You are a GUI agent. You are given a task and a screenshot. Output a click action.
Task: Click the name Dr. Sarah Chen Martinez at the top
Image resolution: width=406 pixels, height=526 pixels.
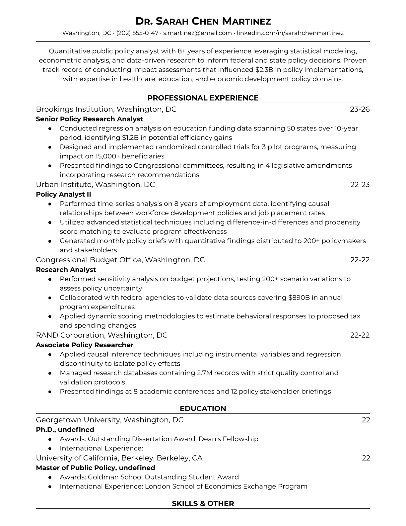(x=203, y=22)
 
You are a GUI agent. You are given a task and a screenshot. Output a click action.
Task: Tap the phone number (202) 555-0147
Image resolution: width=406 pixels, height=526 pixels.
(x=137, y=33)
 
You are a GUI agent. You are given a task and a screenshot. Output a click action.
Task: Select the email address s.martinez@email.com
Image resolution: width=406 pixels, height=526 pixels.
(x=197, y=33)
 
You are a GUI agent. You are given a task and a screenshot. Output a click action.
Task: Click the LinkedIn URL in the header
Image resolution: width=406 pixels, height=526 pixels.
(x=290, y=33)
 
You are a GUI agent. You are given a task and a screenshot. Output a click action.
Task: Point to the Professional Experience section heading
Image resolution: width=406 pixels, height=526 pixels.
(x=203, y=98)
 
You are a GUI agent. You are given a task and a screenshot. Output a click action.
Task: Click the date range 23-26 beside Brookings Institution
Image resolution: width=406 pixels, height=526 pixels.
(x=360, y=109)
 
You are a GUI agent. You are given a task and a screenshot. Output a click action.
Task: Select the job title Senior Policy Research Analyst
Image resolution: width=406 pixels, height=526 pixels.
(x=89, y=119)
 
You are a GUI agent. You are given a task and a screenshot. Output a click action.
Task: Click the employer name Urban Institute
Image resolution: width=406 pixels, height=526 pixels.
(x=63, y=184)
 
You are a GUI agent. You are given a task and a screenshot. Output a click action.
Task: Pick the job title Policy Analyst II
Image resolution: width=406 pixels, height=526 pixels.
(x=63, y=194)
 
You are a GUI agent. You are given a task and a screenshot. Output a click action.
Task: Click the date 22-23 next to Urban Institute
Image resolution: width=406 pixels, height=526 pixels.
(x=360, y=184)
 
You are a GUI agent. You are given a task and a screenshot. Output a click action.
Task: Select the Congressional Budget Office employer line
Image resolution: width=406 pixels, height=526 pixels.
(x=120, y=260)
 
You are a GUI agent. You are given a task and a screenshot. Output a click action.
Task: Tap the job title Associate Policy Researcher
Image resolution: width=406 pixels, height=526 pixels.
(x=85, y=345)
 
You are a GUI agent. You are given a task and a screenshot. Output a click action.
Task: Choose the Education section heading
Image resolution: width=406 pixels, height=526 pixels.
(x=203, y=408)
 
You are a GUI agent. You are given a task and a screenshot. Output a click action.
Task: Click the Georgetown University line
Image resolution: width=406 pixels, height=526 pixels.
(x=109, y=420)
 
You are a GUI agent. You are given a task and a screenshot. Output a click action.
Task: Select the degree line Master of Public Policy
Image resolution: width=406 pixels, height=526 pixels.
(x=96, y=468)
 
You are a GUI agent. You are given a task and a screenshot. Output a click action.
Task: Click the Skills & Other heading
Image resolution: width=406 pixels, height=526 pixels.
(x=203, y=503)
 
